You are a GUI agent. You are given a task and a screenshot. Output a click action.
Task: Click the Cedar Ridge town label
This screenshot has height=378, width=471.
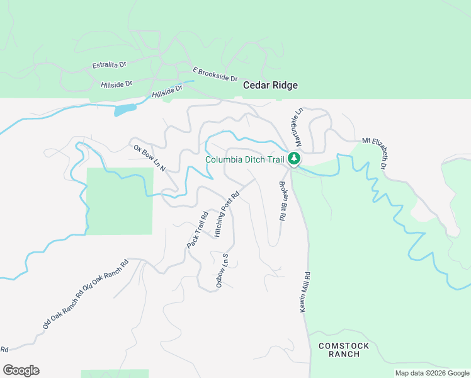(270, 85)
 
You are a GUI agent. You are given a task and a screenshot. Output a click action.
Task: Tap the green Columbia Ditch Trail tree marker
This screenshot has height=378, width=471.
(293, 159)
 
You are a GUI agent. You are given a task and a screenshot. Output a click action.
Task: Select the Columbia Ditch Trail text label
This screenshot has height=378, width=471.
(245, 159)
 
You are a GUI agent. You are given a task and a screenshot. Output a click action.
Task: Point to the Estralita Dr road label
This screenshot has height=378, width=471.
(109, 65)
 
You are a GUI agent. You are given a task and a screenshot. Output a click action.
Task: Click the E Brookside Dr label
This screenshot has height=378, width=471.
(215, 74)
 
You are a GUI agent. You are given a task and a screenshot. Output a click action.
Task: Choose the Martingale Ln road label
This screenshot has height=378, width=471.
(297, 129)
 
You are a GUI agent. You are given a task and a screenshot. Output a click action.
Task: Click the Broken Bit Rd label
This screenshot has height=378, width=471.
(282, 201)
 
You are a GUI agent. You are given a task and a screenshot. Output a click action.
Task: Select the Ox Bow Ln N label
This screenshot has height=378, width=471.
(149, 158)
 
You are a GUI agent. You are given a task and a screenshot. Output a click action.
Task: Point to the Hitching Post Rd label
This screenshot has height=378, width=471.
(227, 214)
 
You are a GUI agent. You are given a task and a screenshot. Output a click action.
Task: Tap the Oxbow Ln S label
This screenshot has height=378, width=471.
(221, 271)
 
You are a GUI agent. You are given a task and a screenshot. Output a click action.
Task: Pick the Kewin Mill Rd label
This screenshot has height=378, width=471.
(305, 292)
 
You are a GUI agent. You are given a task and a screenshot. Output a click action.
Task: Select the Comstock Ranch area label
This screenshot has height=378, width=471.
(339, 350)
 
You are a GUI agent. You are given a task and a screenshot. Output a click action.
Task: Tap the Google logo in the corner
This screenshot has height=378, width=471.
(21, 370)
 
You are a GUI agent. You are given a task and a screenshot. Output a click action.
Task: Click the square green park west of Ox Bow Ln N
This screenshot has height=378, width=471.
(119, 201)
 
